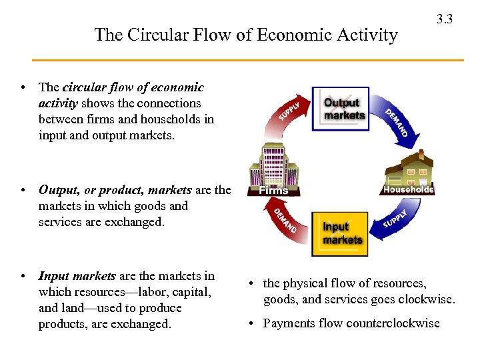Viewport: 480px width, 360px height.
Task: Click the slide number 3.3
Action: [445, 19]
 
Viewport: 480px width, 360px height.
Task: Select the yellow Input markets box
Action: [341, 234]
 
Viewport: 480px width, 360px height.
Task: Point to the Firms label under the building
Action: [273, 190]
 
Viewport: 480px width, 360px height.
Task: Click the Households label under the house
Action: [408, 189]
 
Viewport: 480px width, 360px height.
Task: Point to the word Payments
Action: [285, 323]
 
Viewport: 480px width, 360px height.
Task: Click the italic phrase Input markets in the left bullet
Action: [77, 276]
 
